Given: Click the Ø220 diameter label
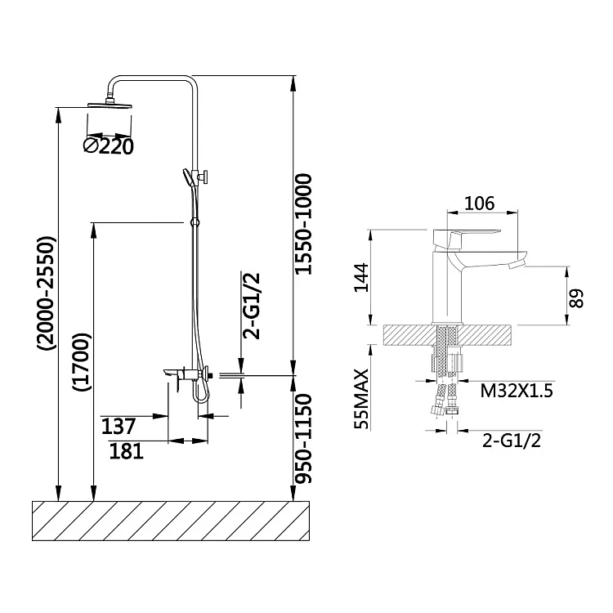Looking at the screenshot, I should [108, 145].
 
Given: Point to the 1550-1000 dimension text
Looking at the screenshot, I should [304, 224].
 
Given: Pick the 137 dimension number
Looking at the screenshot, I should [118, 426].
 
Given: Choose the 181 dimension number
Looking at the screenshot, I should [128, 450].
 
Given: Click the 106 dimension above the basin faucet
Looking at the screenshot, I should [481, 204].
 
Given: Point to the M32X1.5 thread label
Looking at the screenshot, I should [517, 392].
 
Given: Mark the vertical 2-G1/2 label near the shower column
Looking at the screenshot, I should [253, 305].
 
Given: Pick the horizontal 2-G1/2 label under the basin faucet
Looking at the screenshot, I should [512, 441].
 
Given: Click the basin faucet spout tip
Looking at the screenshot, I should [516, 263].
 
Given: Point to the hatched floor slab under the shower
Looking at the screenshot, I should [170, 518].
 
